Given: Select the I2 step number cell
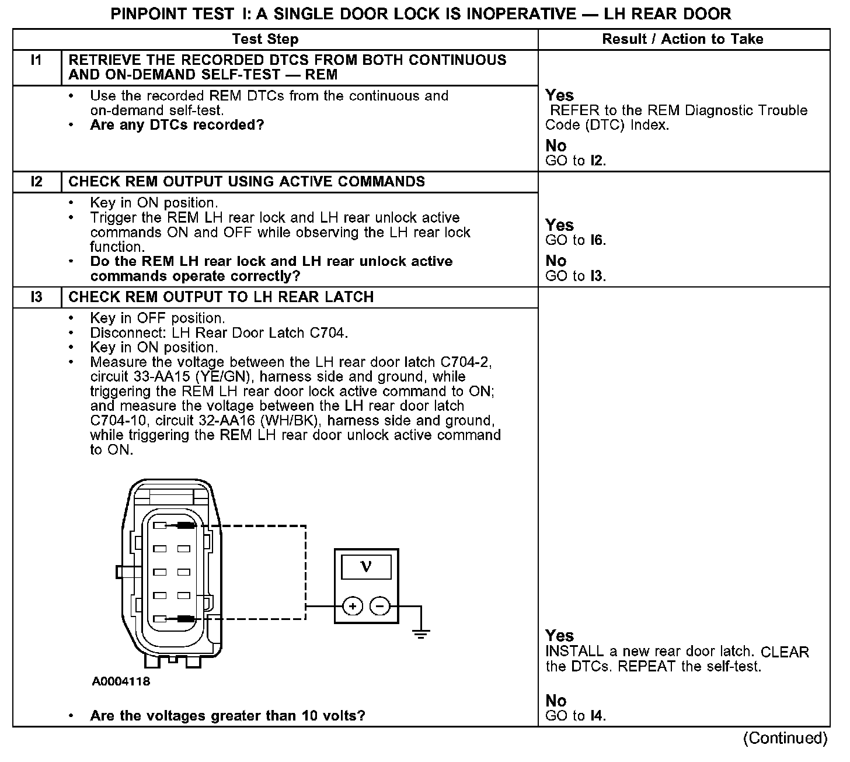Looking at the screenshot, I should click(x=37, y=182).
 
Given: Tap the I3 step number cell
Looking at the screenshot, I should click(x=37, y=297).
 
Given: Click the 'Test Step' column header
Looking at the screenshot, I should click(x=265, y=39).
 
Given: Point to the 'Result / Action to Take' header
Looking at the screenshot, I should click(x=682, y=39).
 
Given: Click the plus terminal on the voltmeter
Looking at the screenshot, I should click(x=352, y=607).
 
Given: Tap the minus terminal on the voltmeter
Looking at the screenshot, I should click(x=380, y=607).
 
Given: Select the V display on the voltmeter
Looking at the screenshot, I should click(x=366, y=566).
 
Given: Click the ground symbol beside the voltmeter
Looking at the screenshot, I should click(x=420, y=632).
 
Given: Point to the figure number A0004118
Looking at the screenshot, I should click(x=121, y=681).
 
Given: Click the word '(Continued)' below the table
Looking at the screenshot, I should click(x=785, y=738).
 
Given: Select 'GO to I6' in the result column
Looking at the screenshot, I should click(x=576, y=240).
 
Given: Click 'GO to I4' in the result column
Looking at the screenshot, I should click(x=576, y=716).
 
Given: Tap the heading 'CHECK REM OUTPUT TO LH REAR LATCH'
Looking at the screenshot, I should click(x=221, y=297).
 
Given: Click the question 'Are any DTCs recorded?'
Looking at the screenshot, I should click(x=177, y=125).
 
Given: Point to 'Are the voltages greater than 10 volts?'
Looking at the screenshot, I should click(x=228, y=716).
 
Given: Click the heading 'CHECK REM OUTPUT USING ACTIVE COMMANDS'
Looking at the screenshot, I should click(x=246, y=182).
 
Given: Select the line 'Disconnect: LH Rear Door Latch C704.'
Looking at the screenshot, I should click(x=219, y=333).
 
